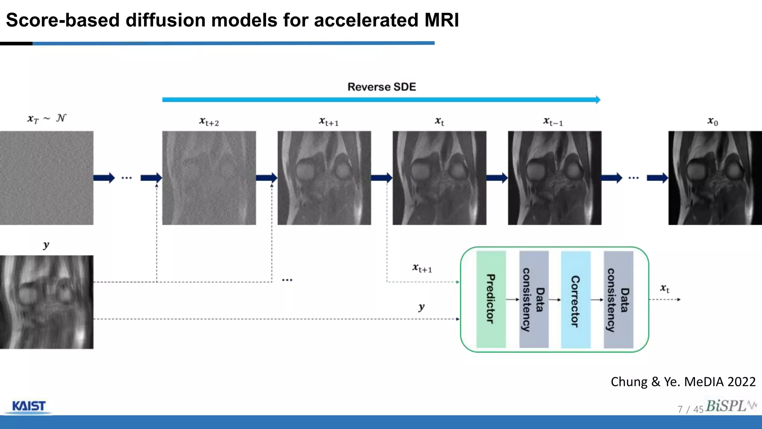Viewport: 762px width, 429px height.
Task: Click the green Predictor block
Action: pos(491,299)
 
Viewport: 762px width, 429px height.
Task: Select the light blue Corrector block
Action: pos(576,299)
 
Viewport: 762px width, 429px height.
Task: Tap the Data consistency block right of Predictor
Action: pos(534,299)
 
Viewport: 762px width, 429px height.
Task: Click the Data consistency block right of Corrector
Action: pos(618,299)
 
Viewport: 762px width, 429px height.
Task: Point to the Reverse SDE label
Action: pos(381,87)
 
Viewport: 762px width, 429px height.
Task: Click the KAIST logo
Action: pos(29,406)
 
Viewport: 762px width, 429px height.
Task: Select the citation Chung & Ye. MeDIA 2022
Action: pos(683,382)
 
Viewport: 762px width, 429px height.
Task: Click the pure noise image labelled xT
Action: pos(47,178)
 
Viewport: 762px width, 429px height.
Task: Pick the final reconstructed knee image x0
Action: pos(715,178)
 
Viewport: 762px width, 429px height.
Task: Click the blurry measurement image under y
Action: pos(47,302)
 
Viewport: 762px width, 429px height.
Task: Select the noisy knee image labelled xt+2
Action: pos(209,178)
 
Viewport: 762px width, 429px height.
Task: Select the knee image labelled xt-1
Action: pos(554,178)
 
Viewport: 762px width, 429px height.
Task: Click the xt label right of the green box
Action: pos(665,288)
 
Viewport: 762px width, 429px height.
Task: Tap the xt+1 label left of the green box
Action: pos(422,268)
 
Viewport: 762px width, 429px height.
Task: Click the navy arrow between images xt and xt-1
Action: pos(497,178)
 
